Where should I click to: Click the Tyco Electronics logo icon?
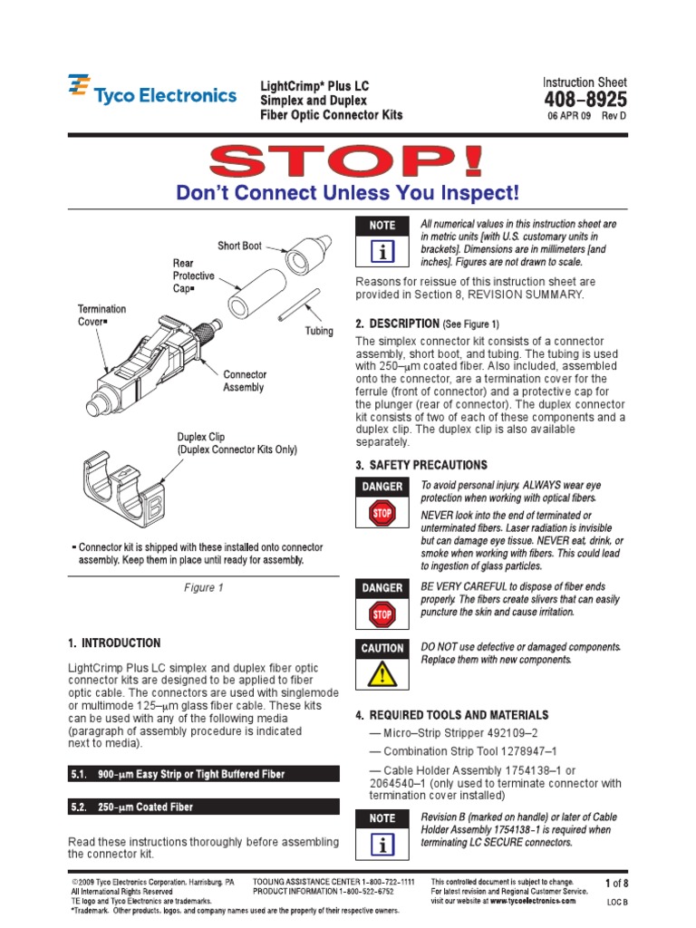tap(79, 88)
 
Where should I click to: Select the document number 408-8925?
tap(585, 100)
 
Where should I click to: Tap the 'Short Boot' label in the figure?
tap(239, 246)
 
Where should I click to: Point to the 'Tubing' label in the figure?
tap(318, 332)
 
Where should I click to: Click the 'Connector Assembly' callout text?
tap(245, 381)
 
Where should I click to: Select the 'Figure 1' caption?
tap(204, 588)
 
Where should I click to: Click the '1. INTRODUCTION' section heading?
tap(114, 643)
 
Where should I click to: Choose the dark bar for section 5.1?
tap(204, 774)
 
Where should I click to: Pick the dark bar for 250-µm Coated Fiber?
tap(204, 807)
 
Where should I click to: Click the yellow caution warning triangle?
tap(382, 674)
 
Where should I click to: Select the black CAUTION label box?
tap(382, 649)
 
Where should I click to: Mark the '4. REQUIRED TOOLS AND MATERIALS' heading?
tap(452, 715)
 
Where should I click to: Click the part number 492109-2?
tap(505, 733)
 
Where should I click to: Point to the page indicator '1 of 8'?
tap(616, 883)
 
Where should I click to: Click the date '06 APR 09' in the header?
tap(570, 117)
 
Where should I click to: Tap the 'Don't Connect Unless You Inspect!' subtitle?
tap(348, 193)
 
